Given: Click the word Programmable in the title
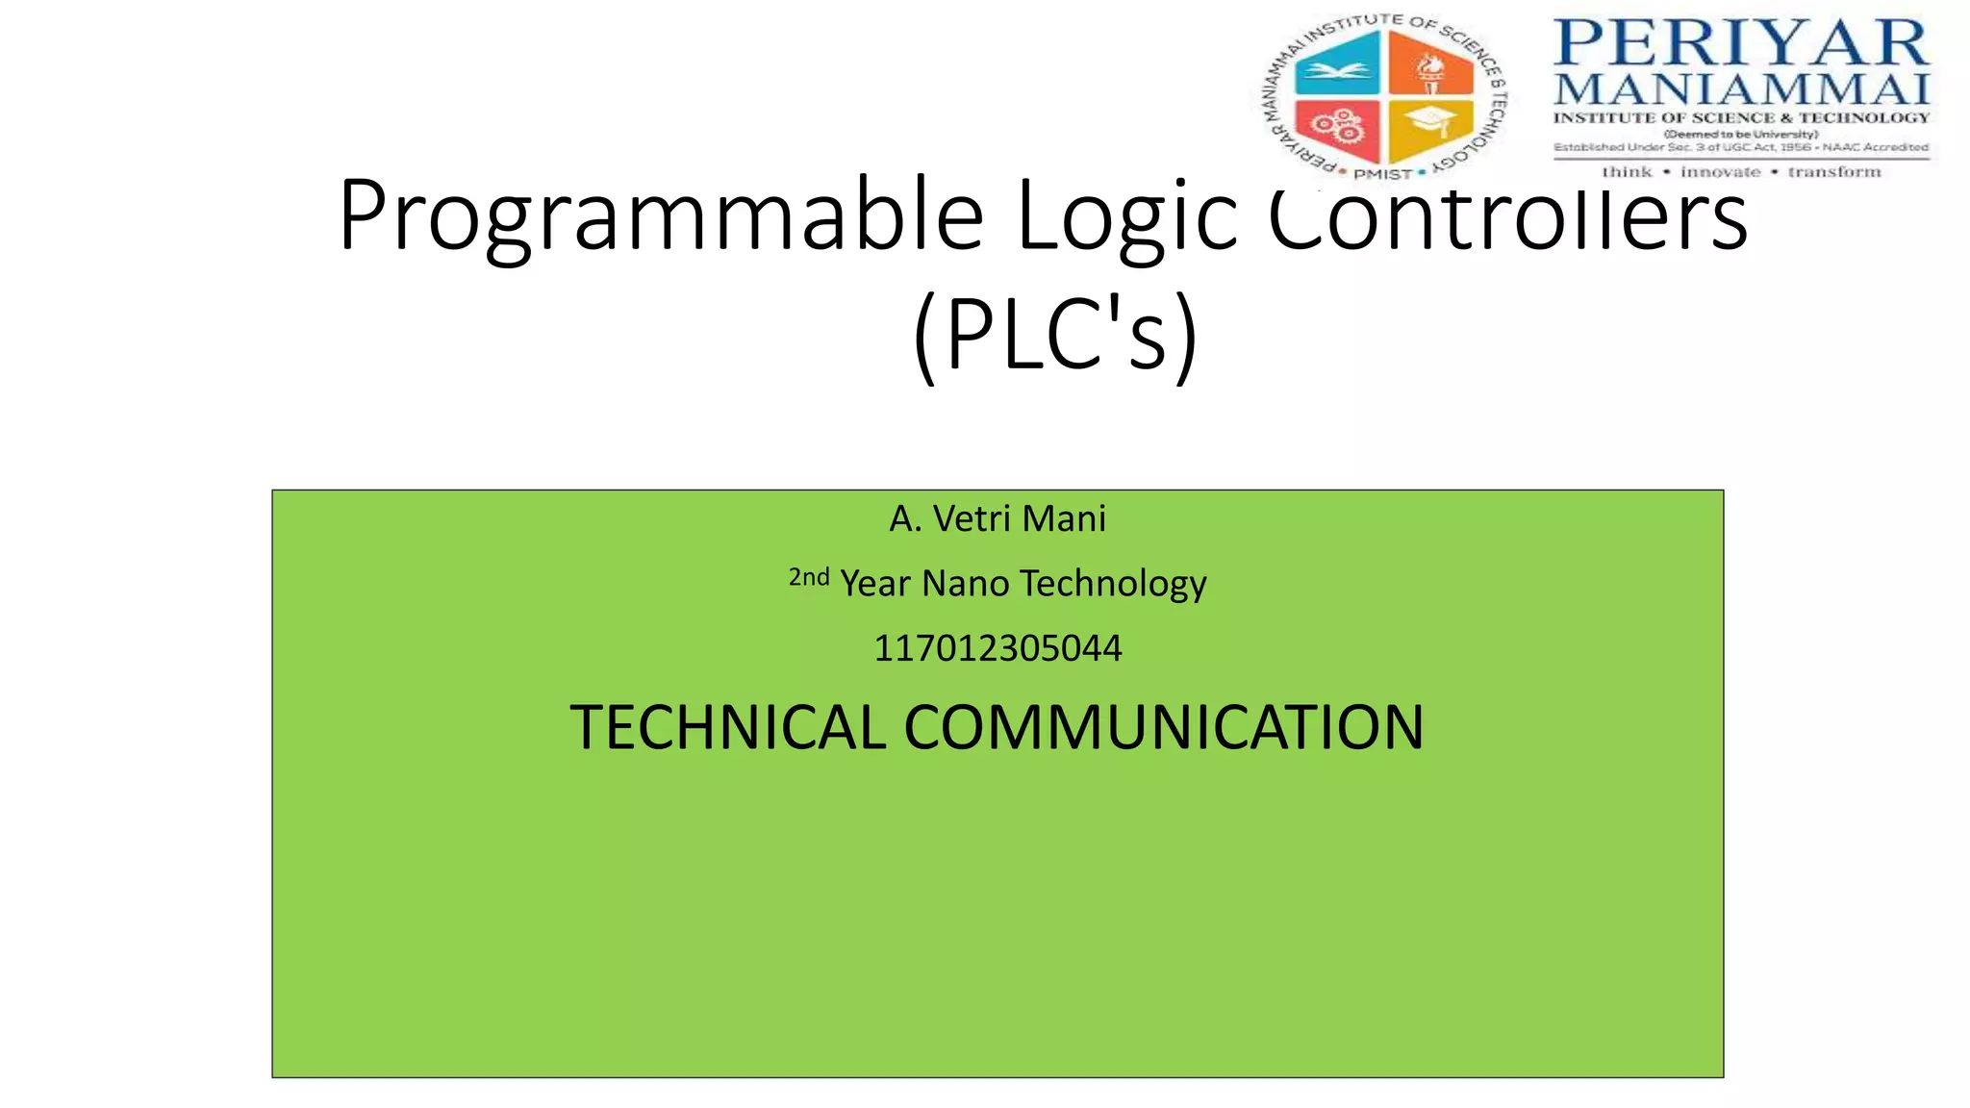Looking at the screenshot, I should tap(661, 216).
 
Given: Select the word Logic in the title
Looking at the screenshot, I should tap(1125, 216).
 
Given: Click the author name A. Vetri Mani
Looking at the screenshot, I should tap(998, 519).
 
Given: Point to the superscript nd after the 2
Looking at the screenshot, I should tap(816, 576).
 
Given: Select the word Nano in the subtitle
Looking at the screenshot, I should tap(965, 584).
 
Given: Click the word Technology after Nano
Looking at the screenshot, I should tap(1113, 584).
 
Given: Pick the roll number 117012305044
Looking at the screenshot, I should tap(998, 648).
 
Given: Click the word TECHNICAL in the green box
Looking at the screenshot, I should tap(727, 727).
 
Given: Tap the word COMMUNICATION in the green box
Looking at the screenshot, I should tap(1163, 727).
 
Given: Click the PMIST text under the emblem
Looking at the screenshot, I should tap(1382, 174).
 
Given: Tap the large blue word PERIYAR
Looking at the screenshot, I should tap(1741, 43).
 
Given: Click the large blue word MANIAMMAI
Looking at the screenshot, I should tap(1741, 89).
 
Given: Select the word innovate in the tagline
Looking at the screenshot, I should tap(1720, 172).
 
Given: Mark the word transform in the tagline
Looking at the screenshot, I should tap(1833, 172).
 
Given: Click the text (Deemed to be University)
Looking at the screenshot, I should tap(1741, 134).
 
